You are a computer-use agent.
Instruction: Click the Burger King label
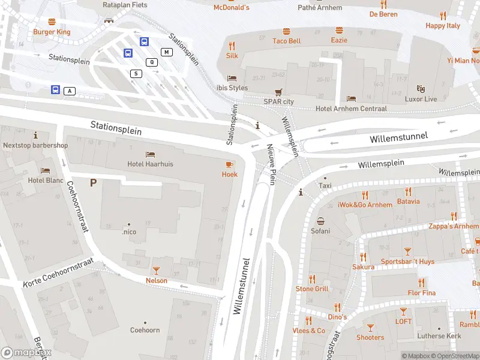click(x=52, y=32)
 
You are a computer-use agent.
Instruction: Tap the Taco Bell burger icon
click(x=286, y=31)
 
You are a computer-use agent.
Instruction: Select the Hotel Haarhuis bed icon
click(x=150, y=154)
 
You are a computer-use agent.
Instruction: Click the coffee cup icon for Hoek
click(x=230, y=164)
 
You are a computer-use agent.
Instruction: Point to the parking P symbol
click(x=93, y=182)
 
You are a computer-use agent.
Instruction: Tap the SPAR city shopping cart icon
click(x=278, y=92)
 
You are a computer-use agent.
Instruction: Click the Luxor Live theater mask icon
click(x=421, y=89)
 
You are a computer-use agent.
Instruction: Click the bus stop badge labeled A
click(x=70, y=91)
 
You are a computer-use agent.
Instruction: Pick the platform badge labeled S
click(x=136, y=73)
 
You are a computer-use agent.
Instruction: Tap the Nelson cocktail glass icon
click(x=157, y=271)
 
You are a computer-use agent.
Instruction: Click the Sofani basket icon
click(x=320, y=221)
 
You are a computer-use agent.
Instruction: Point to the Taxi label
click(x=325, y=186)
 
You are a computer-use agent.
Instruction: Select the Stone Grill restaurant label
click(x=312, y=289)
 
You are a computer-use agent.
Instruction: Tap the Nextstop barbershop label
click(x=35, y=145)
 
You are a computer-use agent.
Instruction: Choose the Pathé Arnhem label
click(x=320, y=8)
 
